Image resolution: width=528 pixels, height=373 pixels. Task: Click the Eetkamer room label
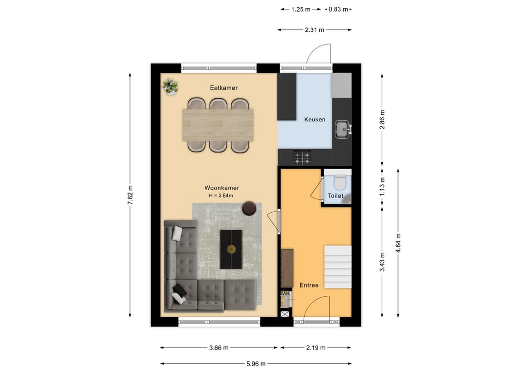[223, 88]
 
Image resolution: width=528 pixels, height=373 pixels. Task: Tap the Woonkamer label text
[221, 188]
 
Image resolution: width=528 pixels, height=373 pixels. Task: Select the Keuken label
[314, 119]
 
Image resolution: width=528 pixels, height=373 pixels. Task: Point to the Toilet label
[335, 196]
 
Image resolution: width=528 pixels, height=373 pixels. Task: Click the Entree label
[309, 285]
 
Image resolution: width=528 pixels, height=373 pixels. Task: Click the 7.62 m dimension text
[131, 195]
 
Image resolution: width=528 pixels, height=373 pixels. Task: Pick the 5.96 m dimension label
[256, 364]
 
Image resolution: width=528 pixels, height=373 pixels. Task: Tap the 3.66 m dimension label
[219, 348]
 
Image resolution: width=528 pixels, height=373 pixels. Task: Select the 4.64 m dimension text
[398, 243]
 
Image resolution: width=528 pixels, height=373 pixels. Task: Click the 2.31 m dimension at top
[314, 30]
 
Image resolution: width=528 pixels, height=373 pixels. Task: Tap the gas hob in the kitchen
[302, 158]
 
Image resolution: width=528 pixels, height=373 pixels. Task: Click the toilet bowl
[340, 182]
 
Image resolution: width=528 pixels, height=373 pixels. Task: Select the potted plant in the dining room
[170, 87]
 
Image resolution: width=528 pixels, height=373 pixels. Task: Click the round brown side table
[249, 208]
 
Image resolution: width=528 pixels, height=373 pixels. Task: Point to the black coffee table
[231, 249]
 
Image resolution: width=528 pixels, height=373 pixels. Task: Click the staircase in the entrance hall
[338, 267]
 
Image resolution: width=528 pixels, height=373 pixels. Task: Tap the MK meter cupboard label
[285, 293]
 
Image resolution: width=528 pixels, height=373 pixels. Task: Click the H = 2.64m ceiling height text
[221, 196]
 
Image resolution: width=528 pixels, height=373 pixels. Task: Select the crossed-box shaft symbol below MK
[285, 314]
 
